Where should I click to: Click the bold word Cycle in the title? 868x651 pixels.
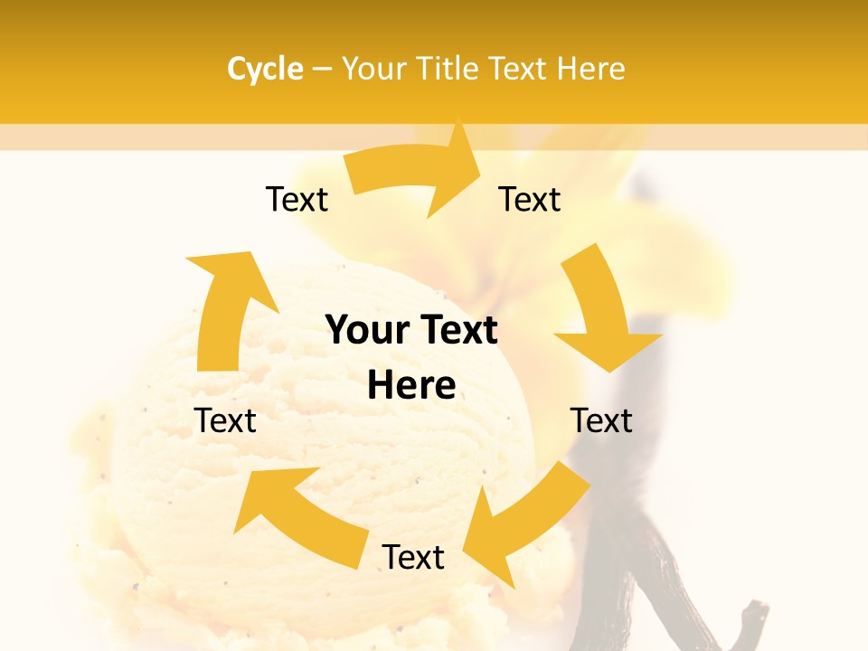(265, 69)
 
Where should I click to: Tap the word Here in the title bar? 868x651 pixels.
(591, 69)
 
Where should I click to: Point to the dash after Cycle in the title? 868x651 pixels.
(322, 70)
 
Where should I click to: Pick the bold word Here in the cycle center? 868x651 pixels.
(411, 386)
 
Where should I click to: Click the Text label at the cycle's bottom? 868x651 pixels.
(413, 557)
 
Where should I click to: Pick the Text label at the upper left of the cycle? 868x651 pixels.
(297, 199)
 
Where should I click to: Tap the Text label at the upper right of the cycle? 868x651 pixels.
(530, 199)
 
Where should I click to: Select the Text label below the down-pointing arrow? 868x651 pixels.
(601, 420)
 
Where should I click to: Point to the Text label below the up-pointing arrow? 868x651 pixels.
(225, 420)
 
